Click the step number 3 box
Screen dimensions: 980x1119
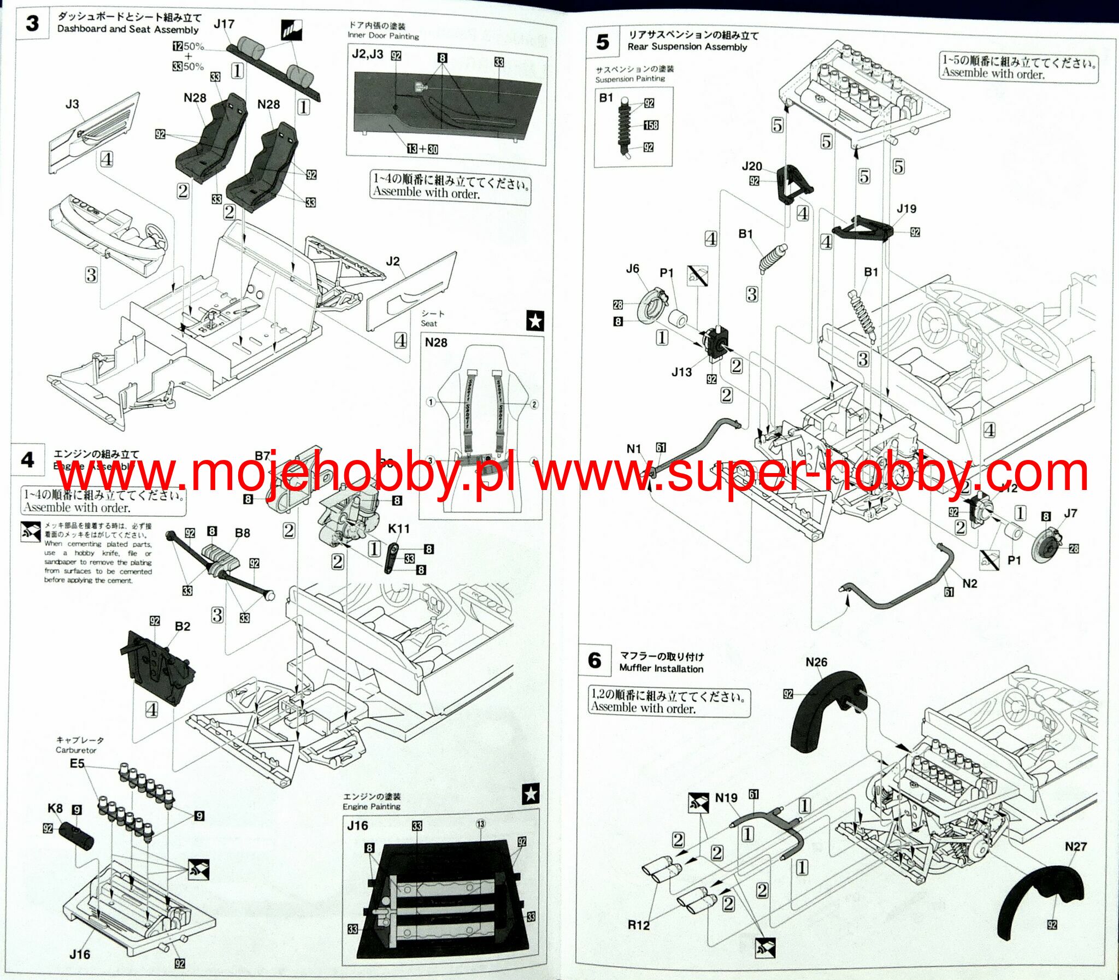pos(32,23)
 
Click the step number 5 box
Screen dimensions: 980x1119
pos(603,42)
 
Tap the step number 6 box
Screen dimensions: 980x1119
pos(595,660)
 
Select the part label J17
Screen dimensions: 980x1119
pos(223,24)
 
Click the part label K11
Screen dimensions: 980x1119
pos(399,528)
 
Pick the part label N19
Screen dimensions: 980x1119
pos(726,798)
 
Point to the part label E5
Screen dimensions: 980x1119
pos(77,764)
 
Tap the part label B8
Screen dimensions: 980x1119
pos(242,533)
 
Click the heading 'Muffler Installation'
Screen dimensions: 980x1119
pos(661,668)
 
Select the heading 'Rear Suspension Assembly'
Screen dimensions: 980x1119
pos(687,47)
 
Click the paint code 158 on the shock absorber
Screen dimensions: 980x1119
pos(651,125)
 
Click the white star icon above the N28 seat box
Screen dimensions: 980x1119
pos(535,321)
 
